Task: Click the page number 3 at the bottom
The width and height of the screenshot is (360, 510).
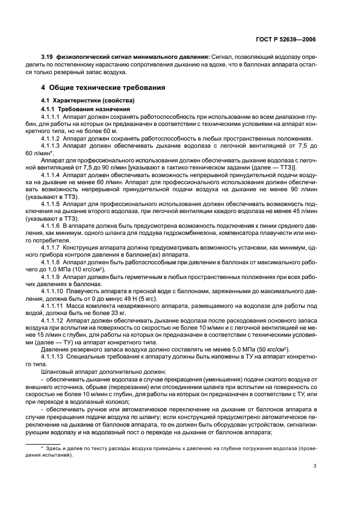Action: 315,465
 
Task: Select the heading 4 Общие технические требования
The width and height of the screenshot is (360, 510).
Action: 103,88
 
